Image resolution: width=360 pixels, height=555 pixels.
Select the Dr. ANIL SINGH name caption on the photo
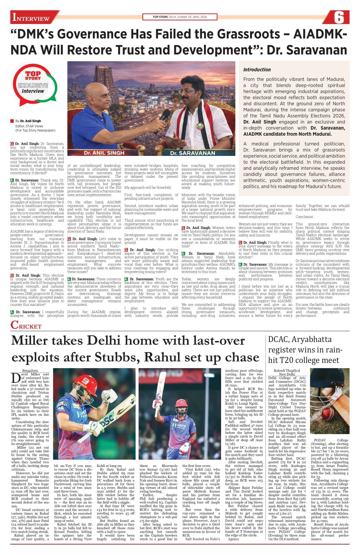pyautogui.click(x=103, y=152)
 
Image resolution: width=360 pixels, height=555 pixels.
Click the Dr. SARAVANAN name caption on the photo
pyautogui.click(x=193, y=153)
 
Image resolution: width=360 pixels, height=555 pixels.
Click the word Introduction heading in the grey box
pyautogui.click(x=257, y=70)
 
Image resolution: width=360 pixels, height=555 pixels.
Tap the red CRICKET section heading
pyautogui.click(x=26, y=325)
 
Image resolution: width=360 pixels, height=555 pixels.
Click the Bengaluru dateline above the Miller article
pyautogui.click(x=30, y=371)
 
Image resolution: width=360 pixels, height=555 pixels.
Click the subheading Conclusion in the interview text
pyautogui.click(x=304, y=216)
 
